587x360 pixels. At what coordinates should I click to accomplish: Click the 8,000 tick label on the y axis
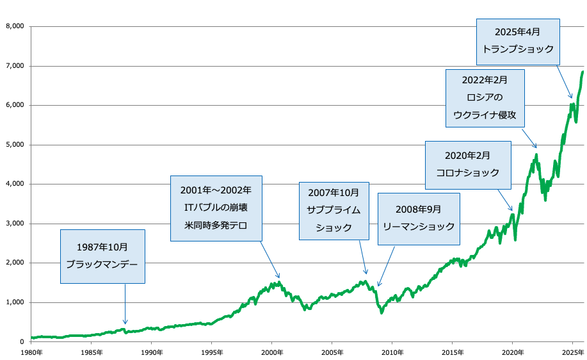click(14, 26)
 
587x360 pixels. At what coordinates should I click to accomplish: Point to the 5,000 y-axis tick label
click(14, 145)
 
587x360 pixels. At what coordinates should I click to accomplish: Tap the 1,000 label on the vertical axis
click(14, 302)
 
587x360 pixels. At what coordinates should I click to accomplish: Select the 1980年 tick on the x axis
click(31, 352)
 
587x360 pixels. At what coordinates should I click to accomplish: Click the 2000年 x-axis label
click(271, 352)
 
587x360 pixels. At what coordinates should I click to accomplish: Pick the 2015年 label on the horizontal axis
click(452, 352)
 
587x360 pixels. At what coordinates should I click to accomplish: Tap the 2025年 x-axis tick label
click(572, 352)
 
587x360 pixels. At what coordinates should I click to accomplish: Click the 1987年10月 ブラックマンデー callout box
click(102, 256)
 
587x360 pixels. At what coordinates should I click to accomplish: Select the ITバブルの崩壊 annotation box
click(216, 208)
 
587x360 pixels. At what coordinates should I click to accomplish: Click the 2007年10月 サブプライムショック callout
click(334, 210)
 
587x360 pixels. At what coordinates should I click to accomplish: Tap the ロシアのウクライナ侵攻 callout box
click(484, 99)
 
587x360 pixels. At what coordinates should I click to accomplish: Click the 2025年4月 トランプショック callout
click(518, 40)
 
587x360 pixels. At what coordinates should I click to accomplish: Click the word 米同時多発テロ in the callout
click(216, 225)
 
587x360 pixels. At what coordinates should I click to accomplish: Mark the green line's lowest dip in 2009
click(382, 313)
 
